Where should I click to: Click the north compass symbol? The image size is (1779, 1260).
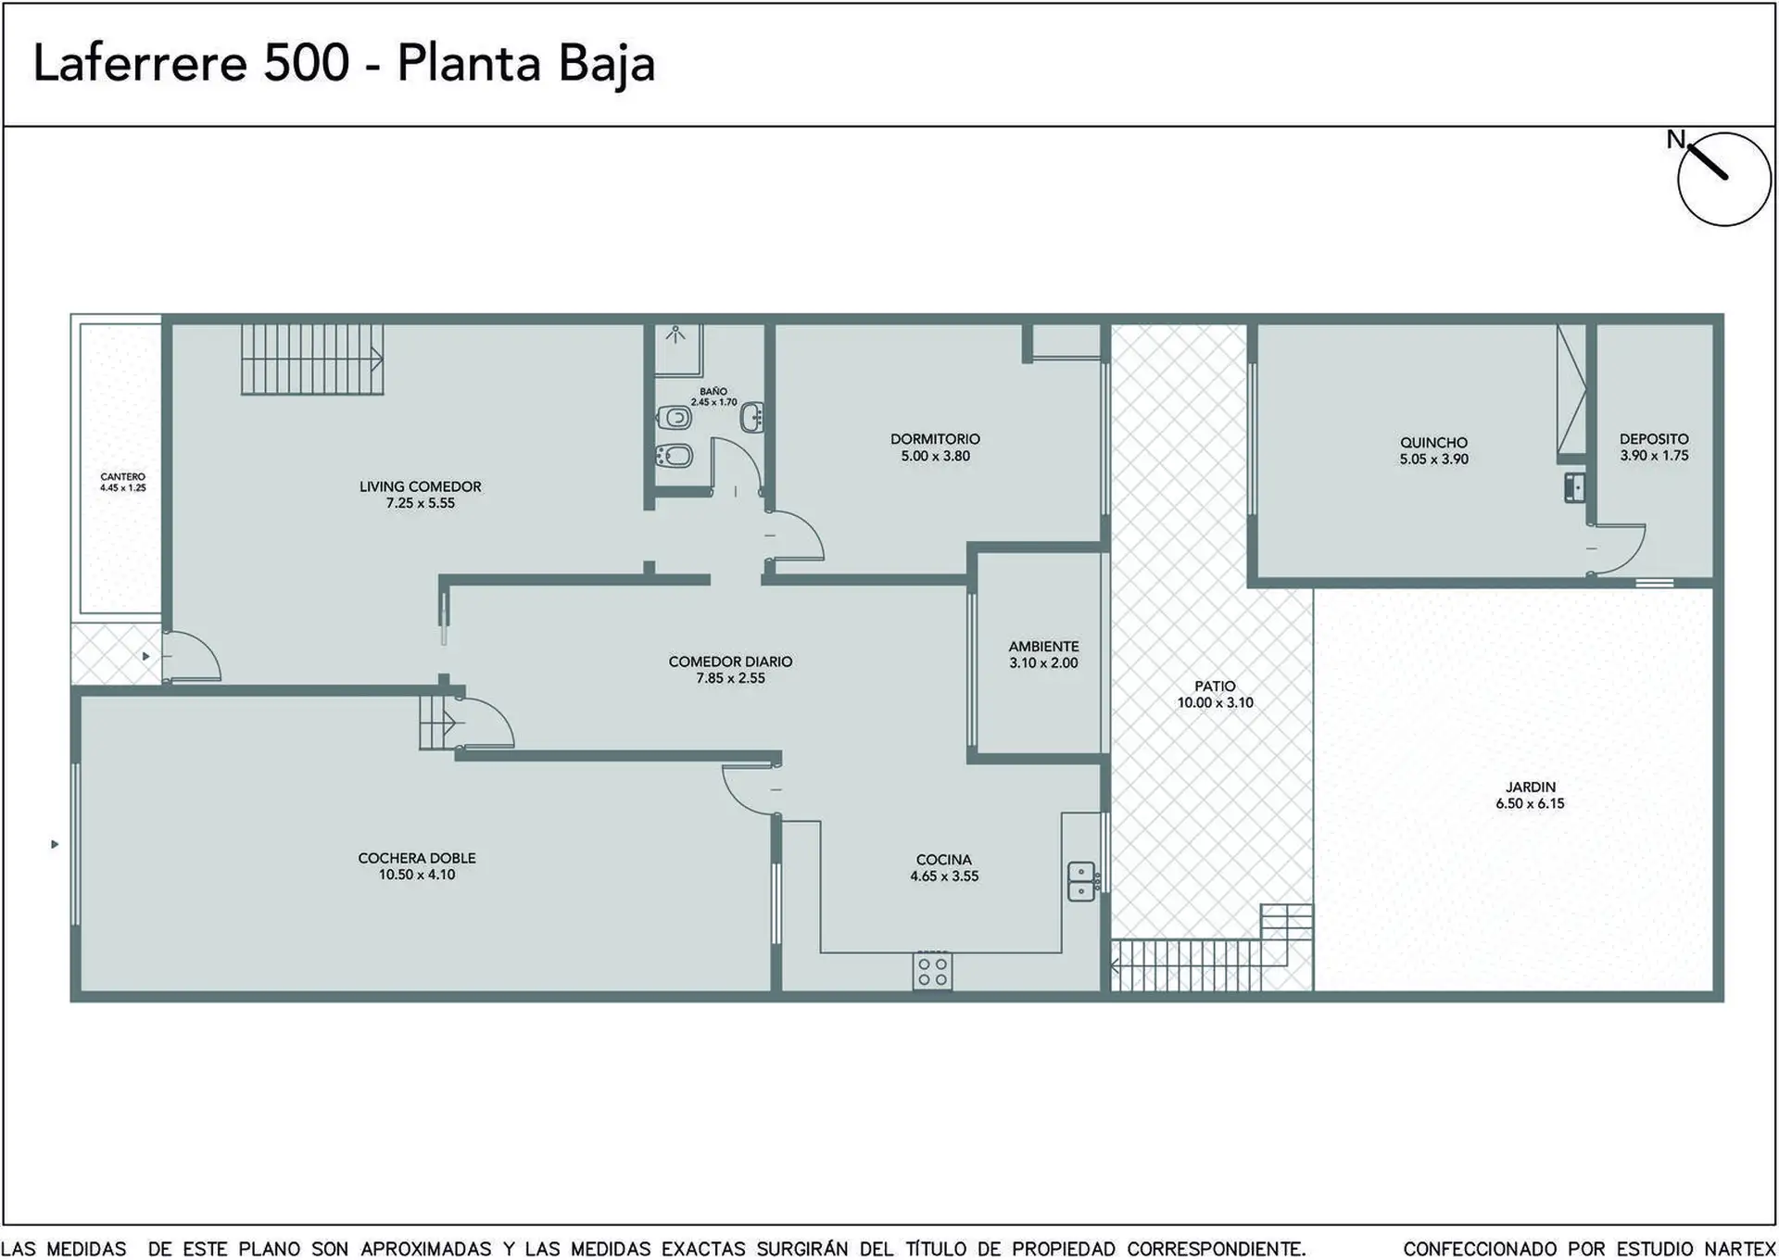pos(1723,179)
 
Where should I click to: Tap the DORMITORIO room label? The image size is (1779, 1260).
pos(935,439)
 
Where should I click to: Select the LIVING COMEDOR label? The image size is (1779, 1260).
pos(421,486)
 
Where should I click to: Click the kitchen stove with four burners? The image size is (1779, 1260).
pos(932,971)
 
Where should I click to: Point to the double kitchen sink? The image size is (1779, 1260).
pos(1081,881)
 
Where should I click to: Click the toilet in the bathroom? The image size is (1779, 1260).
pos(675,418)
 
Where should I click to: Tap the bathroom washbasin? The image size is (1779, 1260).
pos(752,418)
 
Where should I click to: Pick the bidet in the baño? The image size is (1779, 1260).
pos(674,456)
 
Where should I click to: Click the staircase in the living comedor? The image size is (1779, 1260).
pos(312,359)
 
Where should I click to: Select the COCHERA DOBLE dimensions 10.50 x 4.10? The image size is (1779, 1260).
pos(417,875)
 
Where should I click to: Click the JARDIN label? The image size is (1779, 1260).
pos(1531,787)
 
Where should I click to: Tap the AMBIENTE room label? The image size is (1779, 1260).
pos(1044,647)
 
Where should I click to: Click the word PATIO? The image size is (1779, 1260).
pos(1215,687)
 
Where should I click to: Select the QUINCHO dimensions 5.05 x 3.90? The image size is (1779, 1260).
pos(1434,460)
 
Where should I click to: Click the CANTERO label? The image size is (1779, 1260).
pos(123,477)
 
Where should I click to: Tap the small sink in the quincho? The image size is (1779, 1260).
pos(1574,487)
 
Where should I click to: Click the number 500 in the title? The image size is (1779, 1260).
pos(307,63)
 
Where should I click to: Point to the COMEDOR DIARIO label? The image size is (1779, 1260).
pos(731,661)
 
